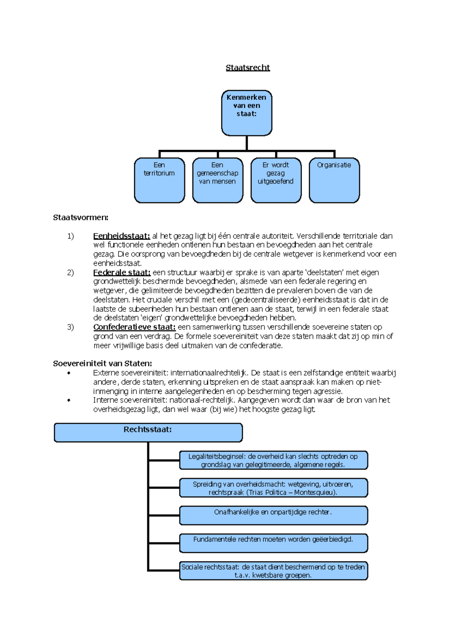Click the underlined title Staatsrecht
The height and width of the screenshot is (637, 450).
coord(247,68)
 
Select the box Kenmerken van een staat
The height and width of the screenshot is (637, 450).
coord(246,113)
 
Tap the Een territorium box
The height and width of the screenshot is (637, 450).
coord(159,180)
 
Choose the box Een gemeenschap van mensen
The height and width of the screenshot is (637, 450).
coord(217,180)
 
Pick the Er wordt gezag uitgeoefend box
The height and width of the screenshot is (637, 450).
coord(276,180)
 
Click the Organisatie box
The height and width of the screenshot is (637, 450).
coord(334,180)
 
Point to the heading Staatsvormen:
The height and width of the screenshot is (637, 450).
coord(81,218)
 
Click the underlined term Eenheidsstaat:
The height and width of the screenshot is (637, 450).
coord(121,236)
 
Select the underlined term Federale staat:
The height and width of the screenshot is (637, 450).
coord(122,272)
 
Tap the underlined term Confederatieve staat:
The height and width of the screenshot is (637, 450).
coord(134,327)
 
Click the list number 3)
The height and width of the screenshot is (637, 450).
coord(70,327)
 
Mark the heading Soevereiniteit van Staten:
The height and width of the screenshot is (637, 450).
coord(102,363)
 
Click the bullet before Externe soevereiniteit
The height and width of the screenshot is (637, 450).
coord(69,373)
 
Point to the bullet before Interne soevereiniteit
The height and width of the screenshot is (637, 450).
coord(69,400)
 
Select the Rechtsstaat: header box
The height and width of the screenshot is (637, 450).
coord(148,433)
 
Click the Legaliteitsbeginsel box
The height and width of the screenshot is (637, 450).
coord(273,460)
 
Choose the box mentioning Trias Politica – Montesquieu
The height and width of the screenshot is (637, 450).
coord(273,488)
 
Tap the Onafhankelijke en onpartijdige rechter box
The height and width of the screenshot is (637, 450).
coord(273,515)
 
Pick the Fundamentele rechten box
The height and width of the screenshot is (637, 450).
coord(273,543)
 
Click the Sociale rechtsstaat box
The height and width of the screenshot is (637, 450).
coord(273,571)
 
